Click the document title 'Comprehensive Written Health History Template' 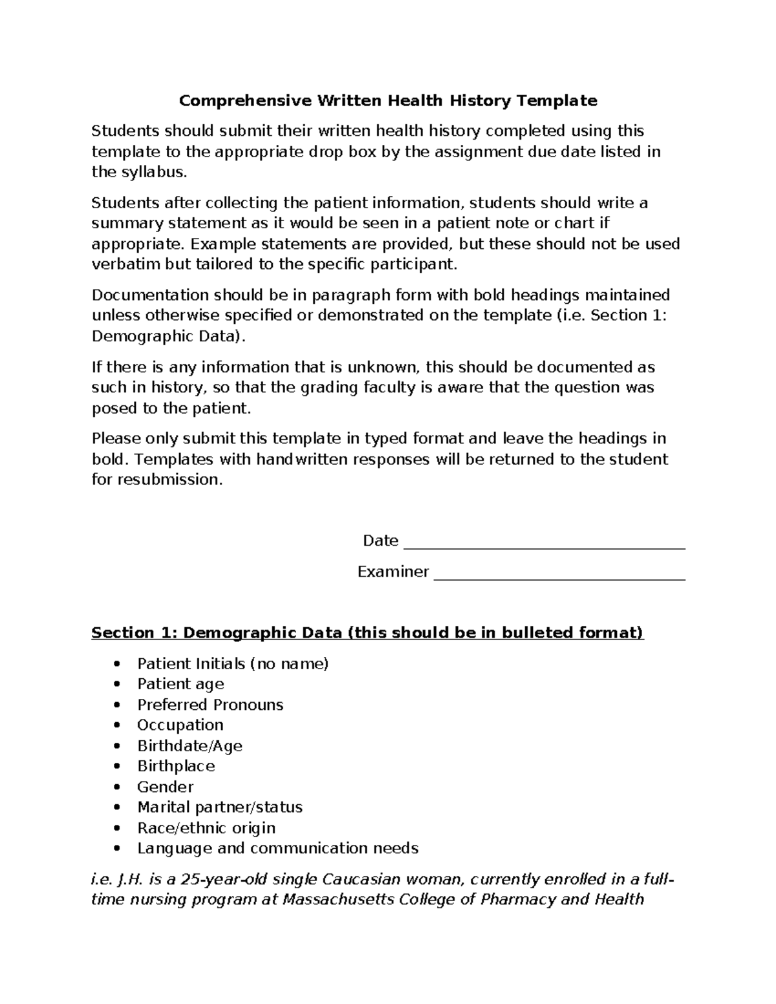coord(388,101)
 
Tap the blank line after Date coord(544,543)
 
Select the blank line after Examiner coord(559,574)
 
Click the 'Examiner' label coord(393,572)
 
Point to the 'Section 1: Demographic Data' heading coord(367,632)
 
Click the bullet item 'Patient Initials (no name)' coord(233,664)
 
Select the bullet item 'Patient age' coord(180,684)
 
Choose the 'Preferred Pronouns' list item coord(210,705)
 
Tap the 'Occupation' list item coord(180,725)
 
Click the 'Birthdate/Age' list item coord(189,746)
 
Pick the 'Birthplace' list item coord(176,766)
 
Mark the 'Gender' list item coord(165,787)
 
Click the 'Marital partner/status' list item coord(220,807)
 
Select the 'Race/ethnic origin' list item coord(206,828)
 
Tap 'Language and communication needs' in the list coord(277,848)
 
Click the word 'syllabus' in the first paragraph coord(152,173)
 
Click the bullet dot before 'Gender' coord(116,787)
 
